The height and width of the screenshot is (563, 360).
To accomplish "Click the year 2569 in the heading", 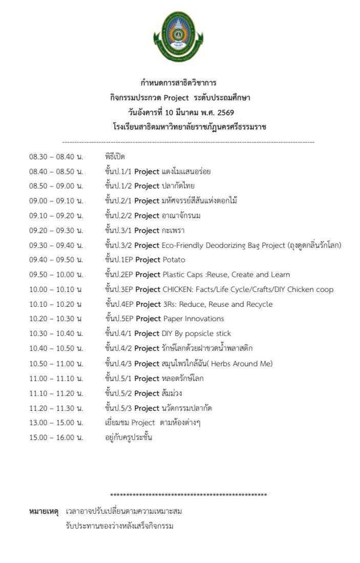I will click(x=226, y=112).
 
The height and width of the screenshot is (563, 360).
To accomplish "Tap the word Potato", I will click(x=175, y=260).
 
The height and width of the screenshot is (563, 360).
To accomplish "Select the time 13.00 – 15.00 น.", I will click(x=56, y=423).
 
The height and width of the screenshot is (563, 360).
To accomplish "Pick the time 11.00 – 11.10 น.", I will click(x=56, y=379).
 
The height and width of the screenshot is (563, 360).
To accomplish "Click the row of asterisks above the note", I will click(x=188, y=495).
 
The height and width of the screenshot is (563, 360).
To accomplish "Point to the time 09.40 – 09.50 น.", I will click(x=56, y=260).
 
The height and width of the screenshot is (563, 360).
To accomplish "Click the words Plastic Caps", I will click(x=183, y=275).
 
